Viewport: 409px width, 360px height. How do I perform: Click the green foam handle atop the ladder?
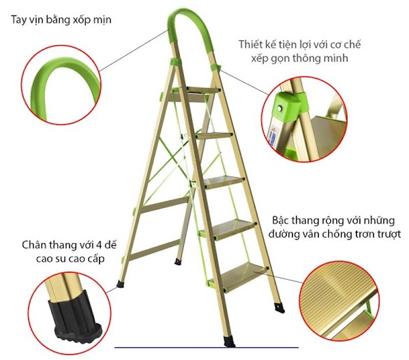tap(188, 22)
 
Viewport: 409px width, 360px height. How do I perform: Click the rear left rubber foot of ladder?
tap(120, 285)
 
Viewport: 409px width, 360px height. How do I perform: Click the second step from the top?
tap(212, 134)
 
